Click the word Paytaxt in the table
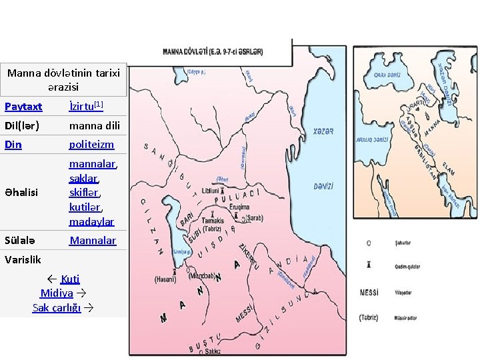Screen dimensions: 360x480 23,107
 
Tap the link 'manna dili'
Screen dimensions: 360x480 91,125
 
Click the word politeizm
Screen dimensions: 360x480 91,144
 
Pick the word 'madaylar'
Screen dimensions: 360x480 91,221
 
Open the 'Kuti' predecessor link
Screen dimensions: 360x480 70,279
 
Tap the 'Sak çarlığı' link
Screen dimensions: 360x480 57,307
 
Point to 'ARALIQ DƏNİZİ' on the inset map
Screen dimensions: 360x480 371,139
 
